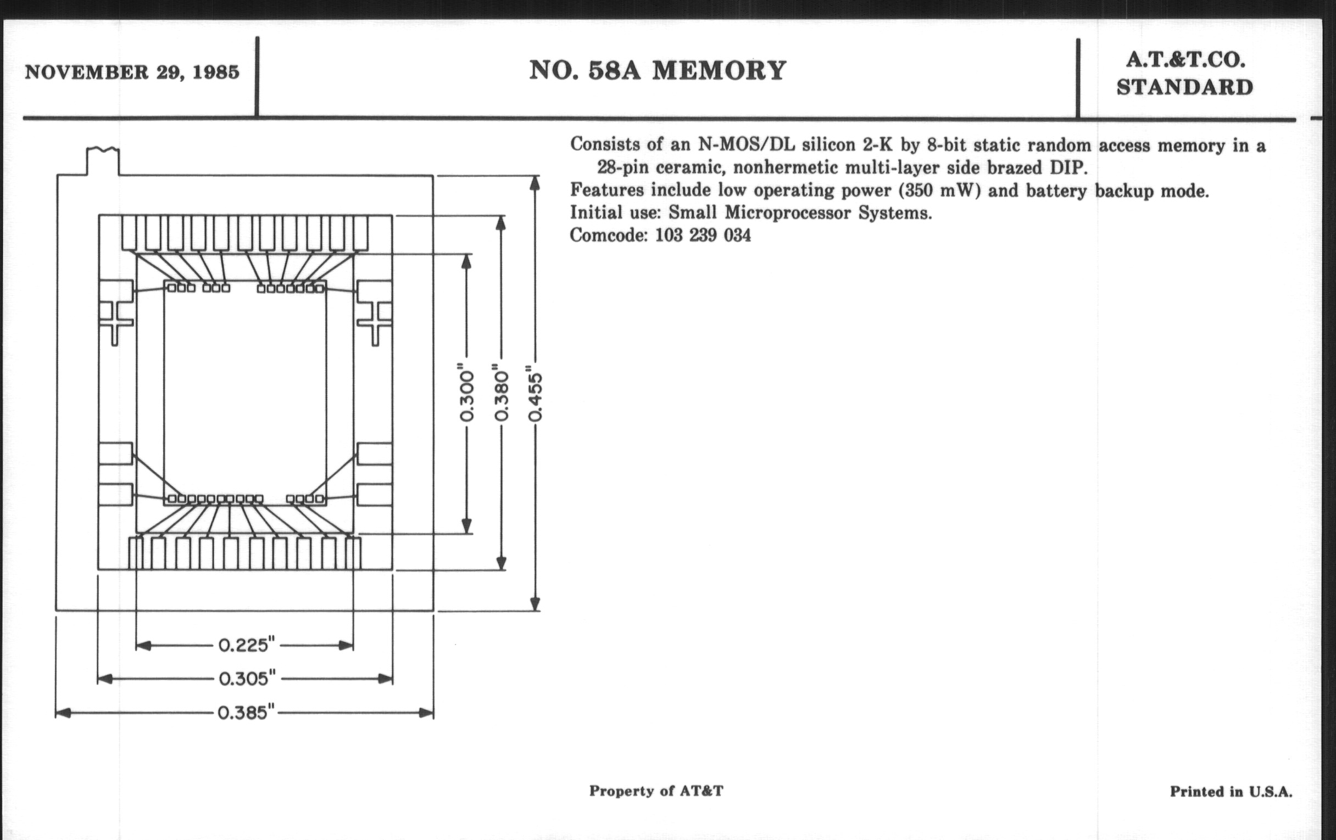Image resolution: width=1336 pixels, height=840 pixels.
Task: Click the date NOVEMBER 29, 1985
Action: click(x=132, y=72)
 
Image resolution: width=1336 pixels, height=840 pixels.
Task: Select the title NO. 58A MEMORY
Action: click(x=658, y=70)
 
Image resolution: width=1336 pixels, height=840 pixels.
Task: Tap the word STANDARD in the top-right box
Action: click(x=1184, y=88)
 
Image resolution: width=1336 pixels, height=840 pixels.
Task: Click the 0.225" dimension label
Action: click(x=246, y=646)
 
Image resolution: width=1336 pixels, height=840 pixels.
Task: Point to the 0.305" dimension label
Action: click(x=247, y=679)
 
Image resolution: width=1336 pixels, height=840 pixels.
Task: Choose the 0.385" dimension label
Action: click(x=246, y=713)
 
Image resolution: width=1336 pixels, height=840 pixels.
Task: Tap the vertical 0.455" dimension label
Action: click(x=536, y=394)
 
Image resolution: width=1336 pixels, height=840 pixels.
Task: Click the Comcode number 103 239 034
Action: click(x=703, y=236)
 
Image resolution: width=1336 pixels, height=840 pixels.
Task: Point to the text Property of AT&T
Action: click(x=656, y=791)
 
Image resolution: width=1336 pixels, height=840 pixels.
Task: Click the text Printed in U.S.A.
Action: click(x=1231, y=792)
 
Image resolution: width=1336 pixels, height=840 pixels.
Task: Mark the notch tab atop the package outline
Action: click(x=103, y=161)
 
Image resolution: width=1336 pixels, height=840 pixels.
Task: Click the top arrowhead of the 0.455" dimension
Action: click(x=535, y=183)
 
